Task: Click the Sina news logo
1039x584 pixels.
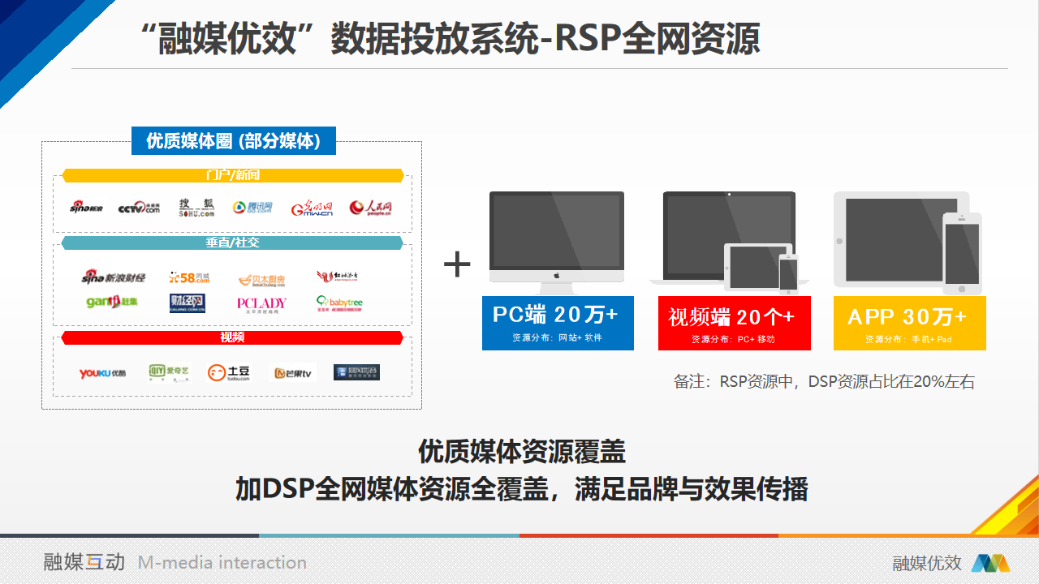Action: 86,208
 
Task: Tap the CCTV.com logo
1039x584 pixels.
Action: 139,208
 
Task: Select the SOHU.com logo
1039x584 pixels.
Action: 196,208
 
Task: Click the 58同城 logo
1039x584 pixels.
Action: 189,277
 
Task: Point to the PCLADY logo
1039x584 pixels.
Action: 261,304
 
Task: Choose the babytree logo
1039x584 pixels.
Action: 339,303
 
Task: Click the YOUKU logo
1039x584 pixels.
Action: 102,373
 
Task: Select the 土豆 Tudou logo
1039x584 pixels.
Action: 229,373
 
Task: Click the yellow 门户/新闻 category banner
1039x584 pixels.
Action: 233,175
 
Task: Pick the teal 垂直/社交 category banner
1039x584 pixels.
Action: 233,243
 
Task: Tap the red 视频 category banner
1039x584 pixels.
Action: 233,337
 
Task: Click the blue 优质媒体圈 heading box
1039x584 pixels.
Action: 233,141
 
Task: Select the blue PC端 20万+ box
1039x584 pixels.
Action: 558,323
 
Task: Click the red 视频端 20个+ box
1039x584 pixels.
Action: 734,323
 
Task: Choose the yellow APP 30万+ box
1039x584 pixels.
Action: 909,323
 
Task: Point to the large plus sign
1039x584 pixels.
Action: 457,264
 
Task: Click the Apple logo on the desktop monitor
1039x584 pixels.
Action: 557,276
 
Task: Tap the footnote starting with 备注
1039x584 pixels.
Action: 824,381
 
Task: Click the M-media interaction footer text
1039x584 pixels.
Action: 222,563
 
